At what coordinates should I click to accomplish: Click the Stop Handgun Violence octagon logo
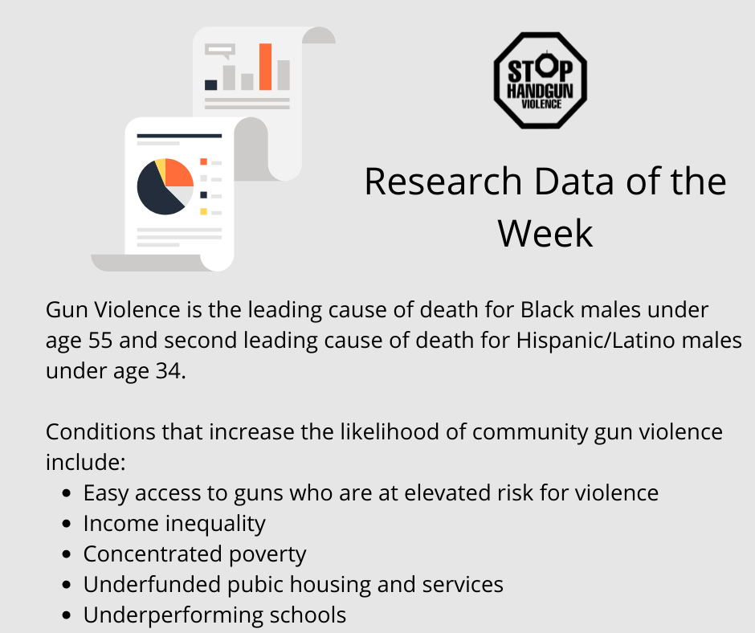pos(541,80)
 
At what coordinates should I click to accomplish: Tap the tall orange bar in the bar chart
pos(265,67)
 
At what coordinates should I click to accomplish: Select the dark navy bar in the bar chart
pos(211,85)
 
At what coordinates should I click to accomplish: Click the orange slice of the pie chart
pos(178,173)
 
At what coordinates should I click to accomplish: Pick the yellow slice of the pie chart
pos(161,166)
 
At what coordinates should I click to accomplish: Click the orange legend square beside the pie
pos(204,161)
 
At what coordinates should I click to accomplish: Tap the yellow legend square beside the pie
pos(204,211)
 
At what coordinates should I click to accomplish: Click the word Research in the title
pos(443,182)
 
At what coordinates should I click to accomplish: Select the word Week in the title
pos(545,234)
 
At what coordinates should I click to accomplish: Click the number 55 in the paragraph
pos(100,341)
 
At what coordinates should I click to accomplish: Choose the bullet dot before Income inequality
pos(67,524)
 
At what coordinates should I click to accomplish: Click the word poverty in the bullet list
pos(267,555)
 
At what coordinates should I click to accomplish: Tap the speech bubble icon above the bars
pos(220,51)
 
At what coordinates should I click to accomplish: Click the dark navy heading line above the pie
pos(179,136)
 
